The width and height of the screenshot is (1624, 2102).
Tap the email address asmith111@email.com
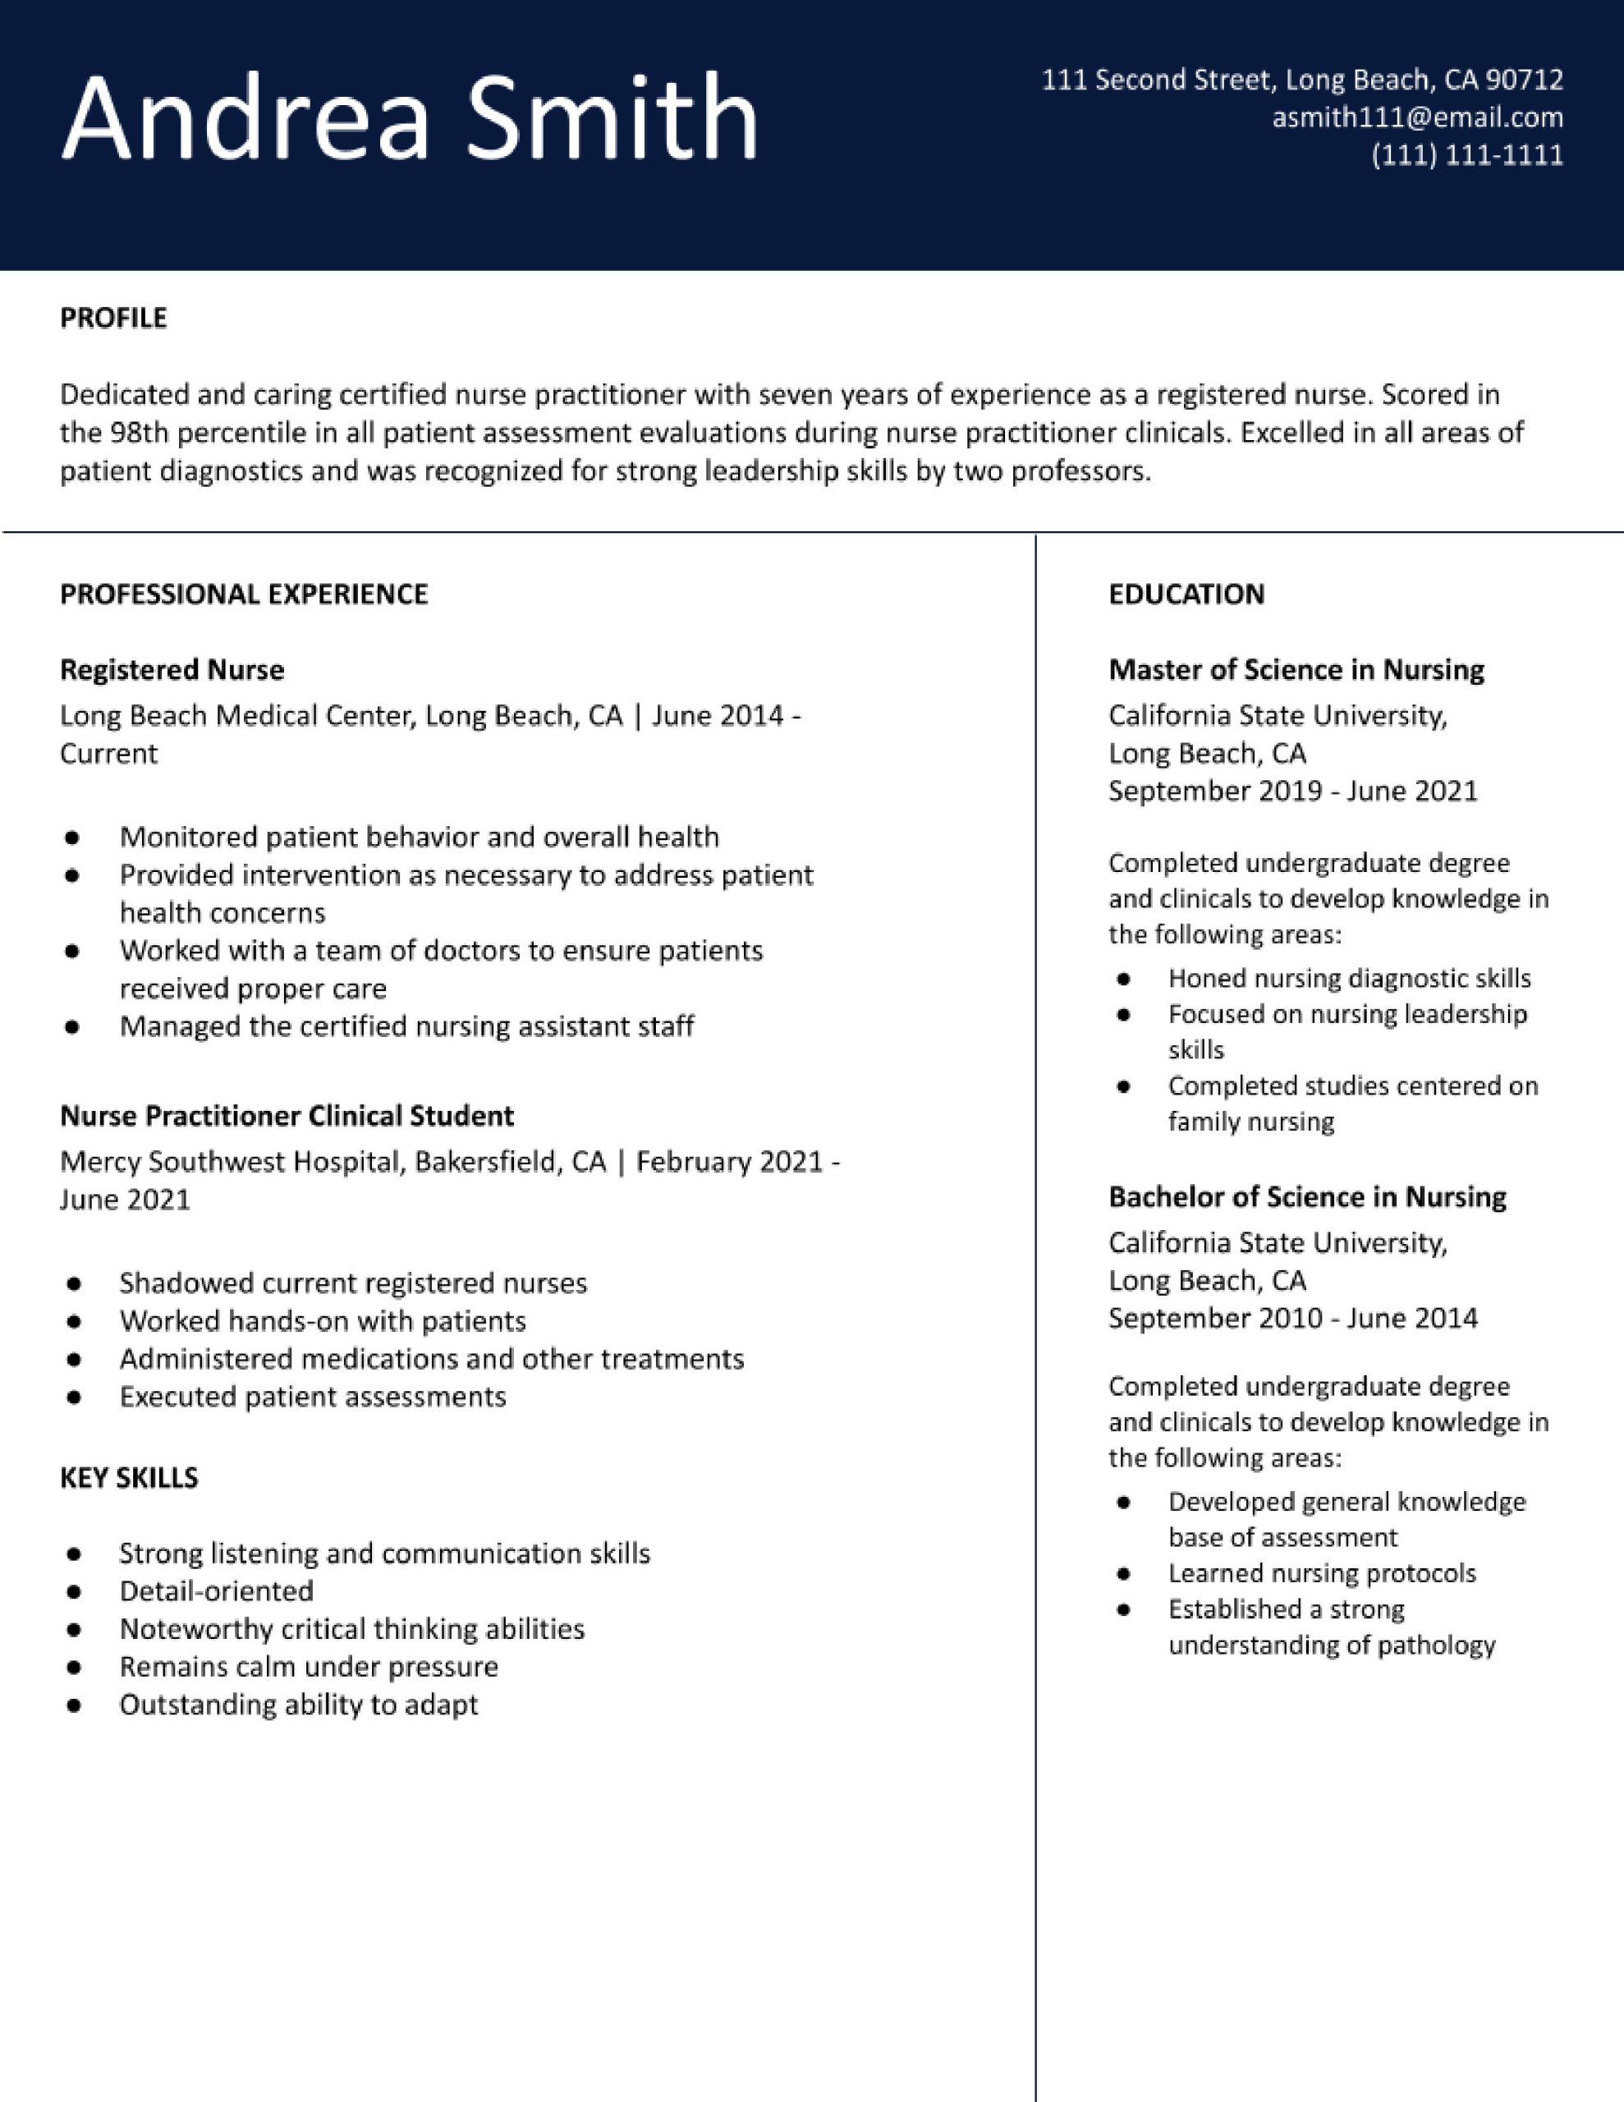click(1417, 117)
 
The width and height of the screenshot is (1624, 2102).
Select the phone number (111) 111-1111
click(1466, 155)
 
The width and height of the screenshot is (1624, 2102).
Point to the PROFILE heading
click(113, 318)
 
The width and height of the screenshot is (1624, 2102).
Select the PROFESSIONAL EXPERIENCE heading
click(244, 594)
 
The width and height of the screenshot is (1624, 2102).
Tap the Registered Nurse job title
click(172, 670)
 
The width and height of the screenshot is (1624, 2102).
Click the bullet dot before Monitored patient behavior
click(72, 838)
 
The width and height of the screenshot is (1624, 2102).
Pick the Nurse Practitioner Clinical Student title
click(287, 1116)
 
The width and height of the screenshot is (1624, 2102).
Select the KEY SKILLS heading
click(129, 1477)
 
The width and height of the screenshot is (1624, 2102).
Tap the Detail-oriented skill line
click(217, 1591)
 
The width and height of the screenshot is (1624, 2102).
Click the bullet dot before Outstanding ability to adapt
click(73, 1705)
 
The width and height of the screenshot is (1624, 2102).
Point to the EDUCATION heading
click(1186, 594)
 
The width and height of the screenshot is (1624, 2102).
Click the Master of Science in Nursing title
click(1296, 670)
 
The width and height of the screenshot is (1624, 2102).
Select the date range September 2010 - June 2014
click(1291, 1318)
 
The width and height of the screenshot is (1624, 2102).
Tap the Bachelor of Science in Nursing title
click(1307, 1196)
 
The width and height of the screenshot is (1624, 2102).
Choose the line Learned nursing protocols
click(1322, 1572)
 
